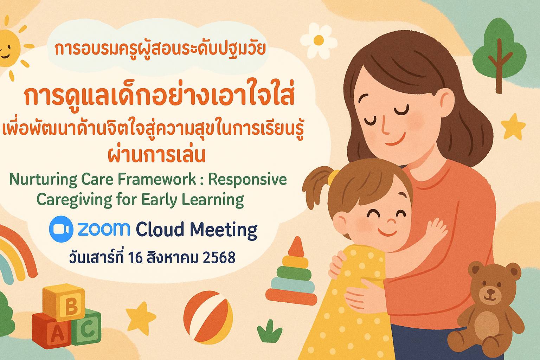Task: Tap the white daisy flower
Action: (x=319, y=40)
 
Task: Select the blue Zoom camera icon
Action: (x=61, y=229)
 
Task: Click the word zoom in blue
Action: (x=104, y=229)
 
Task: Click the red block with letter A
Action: (x=51, y=330)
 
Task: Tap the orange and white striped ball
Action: (x=208, y=317)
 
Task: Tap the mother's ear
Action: (x=447, y=103)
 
